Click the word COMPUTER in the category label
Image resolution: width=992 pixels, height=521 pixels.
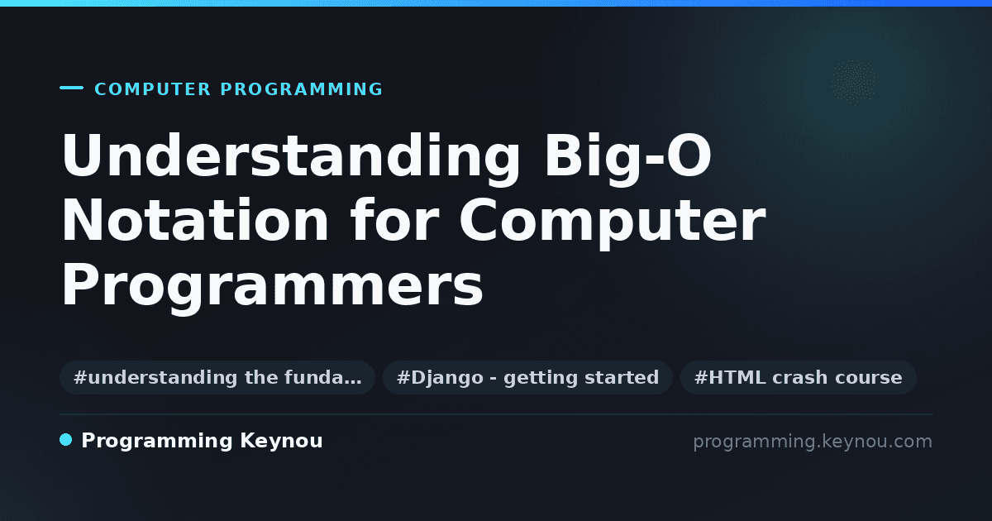click(152, 89)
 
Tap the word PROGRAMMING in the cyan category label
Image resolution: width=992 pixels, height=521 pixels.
click(302, 89)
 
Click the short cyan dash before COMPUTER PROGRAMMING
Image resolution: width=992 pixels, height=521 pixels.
click(71, 88)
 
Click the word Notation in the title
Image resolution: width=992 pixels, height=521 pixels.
click(195, 220)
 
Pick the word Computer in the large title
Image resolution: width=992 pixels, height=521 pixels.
click(613, 222)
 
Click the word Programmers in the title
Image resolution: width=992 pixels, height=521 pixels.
click(272, 287)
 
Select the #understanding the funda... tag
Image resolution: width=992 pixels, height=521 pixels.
click(217, 377)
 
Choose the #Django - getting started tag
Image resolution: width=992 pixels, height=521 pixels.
click(528, 377)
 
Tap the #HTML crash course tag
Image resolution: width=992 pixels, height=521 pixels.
click(798, 377)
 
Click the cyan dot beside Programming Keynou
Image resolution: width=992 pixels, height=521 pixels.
click(66, 440)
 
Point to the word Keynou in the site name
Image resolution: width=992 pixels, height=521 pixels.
click(281, 442)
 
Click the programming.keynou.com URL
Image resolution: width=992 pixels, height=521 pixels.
click(813, 442)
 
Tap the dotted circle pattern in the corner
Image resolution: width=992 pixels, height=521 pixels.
click(855, 82)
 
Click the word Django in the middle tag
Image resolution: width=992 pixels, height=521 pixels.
click(447, 378)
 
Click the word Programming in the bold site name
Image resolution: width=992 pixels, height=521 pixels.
click(157, 442)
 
